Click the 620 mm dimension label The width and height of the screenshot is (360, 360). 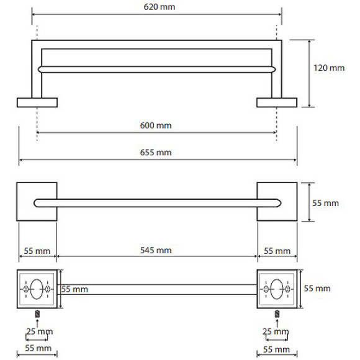click(160, 7)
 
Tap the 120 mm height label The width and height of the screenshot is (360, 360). click(329, 68)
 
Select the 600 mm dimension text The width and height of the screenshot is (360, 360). click(156, 125)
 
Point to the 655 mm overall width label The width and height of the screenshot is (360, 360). click(156, 153)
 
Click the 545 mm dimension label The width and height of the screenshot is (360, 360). click(156, 250)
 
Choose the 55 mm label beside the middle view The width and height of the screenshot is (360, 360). click(325, 203)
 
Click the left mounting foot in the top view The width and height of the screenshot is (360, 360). click(37, 102)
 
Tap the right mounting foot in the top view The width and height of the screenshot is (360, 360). click(277, 102)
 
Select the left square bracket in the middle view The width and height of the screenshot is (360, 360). click(37, 202)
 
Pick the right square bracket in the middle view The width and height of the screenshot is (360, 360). click(277, 202)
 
